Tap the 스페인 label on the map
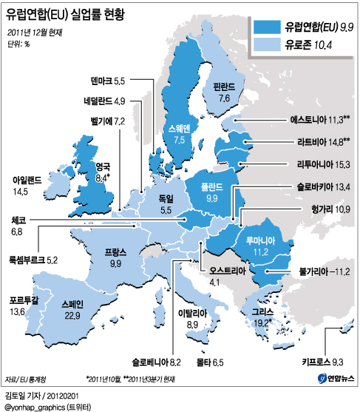coord(72,304)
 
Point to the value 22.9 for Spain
coord(72,316)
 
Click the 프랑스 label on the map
coord(115,252)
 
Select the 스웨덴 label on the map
coord(179,128)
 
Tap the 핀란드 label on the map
coord(225,86)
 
